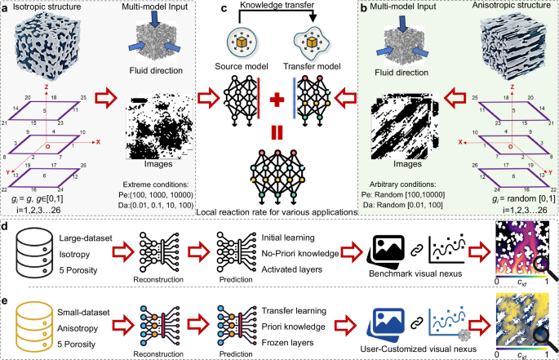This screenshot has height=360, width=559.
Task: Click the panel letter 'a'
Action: [6, 7]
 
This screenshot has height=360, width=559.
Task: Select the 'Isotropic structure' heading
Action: [43, 7]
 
